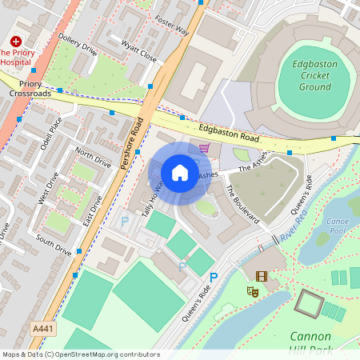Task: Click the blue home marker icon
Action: [179, 173]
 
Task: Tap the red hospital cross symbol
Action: [15, 41]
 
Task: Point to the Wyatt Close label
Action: [138, 52]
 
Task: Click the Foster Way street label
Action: [171, 26]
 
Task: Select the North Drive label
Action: [93, 156]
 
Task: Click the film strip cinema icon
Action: [262, 275]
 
